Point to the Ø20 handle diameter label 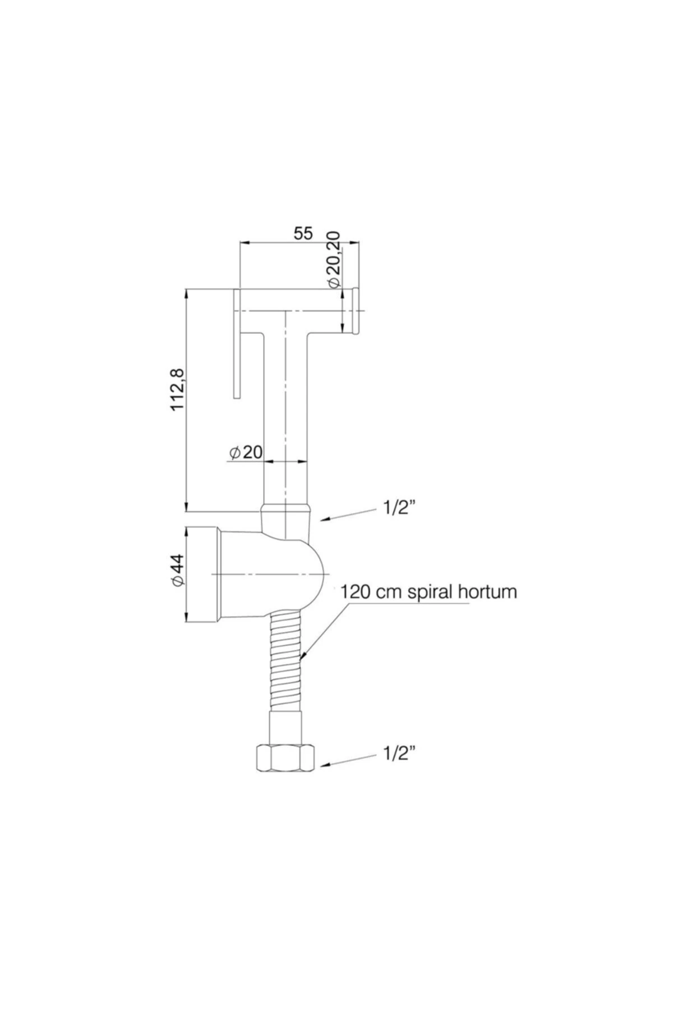(x=246, y=452)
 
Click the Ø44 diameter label (x=178, y=571)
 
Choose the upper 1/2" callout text (x=399, y=508)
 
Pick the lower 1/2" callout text (x=399, y=754)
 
